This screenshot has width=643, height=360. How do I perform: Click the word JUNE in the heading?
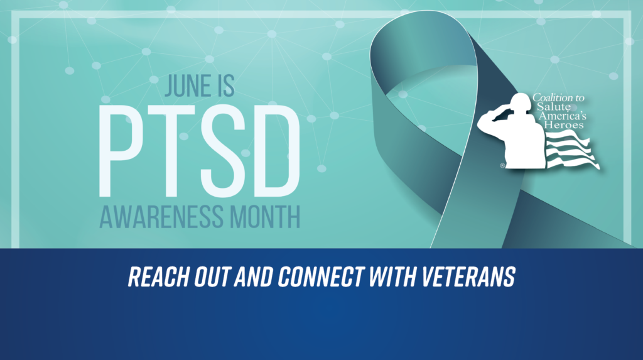click(x=181, y=86)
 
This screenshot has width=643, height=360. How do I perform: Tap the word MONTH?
click(x=267, y=217)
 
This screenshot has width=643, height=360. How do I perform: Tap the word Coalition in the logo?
click(x=550, y=98)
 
